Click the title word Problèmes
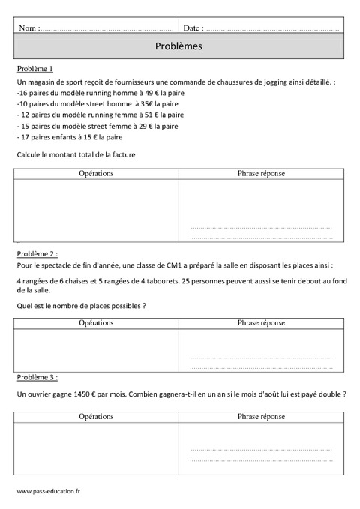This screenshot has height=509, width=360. [179, 46]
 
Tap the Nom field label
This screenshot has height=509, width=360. [28, 28]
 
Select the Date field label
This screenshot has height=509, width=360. [192, 28]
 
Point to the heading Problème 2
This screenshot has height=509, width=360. [36, 254]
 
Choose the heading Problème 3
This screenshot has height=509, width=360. [36, 377]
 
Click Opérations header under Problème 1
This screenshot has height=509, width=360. [96, 174]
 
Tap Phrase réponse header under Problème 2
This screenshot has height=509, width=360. [261, 322]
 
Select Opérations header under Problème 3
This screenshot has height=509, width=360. [96, 416]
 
